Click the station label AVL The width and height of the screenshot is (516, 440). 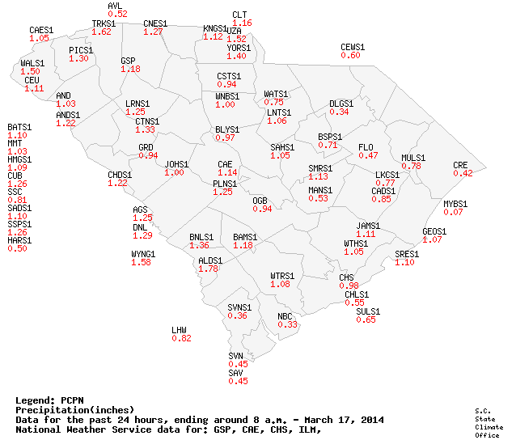point(114,6)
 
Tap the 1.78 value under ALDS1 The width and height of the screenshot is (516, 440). point(209,269)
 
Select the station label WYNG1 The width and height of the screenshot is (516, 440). point(143,254)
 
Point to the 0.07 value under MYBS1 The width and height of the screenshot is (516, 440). point(454,212)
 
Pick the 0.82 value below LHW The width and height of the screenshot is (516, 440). point(181,338)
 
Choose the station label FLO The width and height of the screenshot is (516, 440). point(366,146)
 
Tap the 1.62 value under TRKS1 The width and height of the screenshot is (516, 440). point(102,32)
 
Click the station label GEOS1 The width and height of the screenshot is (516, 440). point(434,231)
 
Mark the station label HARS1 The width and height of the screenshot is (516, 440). point(19,240)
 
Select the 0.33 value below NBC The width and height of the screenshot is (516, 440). point(287,324)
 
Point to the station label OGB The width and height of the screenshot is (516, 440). point(260,200)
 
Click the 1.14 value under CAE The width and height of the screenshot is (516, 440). point(227,172)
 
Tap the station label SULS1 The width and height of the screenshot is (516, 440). point(368,311)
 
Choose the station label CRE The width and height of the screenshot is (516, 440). point(460,165)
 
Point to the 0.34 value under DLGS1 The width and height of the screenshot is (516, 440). point(339,112)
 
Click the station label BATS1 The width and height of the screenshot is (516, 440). point(19,127)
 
